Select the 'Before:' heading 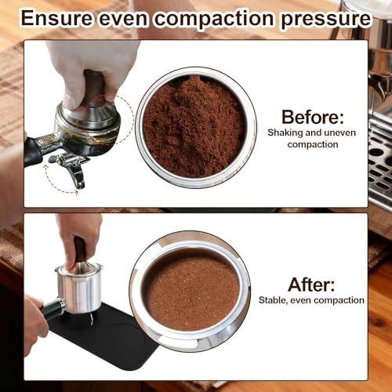coord(305,118)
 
